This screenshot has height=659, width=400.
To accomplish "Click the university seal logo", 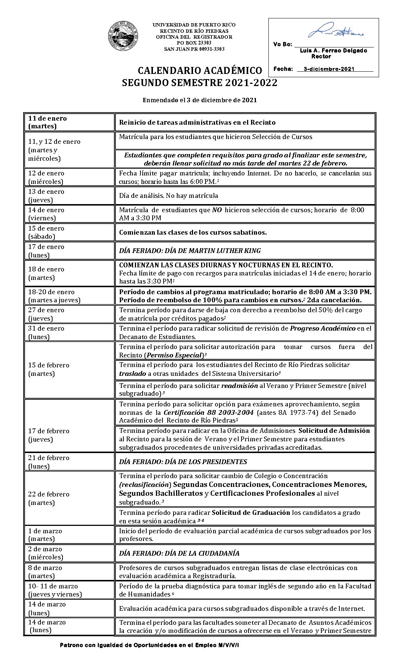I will point(123,36).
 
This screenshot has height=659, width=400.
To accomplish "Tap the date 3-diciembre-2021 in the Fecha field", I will point(329,69).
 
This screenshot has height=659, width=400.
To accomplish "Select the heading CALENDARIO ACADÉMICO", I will point(200,71).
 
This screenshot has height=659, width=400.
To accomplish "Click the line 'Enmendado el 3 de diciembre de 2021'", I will point(200,100).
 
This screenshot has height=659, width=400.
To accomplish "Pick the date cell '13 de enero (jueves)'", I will point(69,196).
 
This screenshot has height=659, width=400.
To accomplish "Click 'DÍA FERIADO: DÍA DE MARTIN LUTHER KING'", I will point(190,251).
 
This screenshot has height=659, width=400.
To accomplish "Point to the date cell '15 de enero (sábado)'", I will point(69,232).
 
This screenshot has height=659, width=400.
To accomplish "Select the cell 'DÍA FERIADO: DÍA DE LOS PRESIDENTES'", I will point(183,462).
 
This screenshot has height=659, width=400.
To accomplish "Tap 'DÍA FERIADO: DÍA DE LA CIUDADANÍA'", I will point(179,553).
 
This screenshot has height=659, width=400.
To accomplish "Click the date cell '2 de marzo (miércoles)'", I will point(69,553).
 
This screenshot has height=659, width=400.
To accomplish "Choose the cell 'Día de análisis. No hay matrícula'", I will point(168,196).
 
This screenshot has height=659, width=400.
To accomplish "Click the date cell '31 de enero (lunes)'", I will point(69,332).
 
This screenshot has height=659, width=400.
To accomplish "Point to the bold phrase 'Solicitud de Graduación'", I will point(251,513).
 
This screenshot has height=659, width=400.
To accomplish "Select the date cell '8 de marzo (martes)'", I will point(69,571).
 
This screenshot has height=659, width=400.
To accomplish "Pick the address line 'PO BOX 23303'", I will point(194,43).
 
